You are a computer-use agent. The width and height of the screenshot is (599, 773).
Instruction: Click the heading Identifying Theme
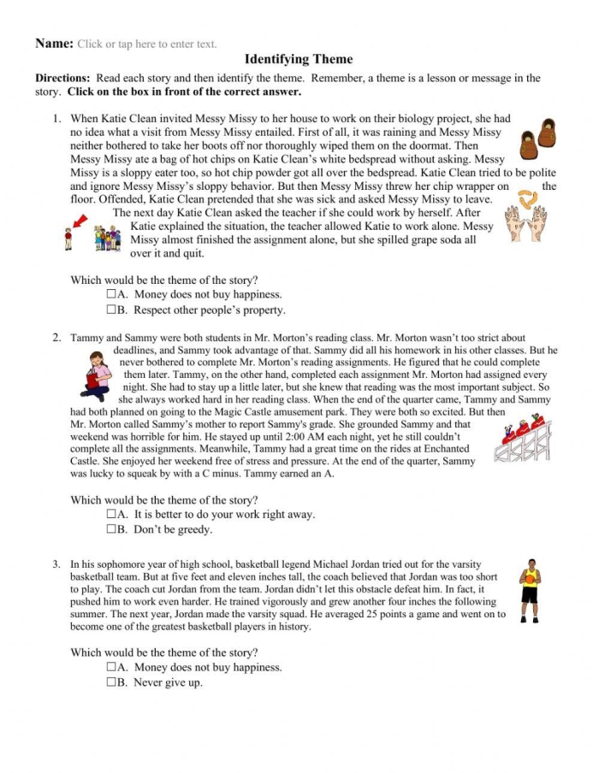(x=299, y=59)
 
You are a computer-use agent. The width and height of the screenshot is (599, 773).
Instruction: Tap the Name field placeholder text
(x=146, y=44)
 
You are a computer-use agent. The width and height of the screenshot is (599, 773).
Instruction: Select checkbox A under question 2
(x=112, y=515)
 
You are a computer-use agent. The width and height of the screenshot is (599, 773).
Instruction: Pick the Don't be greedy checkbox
(x=112, y=530)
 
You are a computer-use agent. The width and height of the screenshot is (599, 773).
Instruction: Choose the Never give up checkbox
(x=112, y=683)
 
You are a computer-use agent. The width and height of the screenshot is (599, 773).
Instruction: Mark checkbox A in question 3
(x=112, y=668)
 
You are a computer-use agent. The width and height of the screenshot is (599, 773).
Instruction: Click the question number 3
(x=56, y=564)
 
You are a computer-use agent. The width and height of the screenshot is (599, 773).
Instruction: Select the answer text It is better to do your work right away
(x=224, y=515)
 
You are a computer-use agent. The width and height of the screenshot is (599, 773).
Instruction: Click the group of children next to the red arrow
(x=107, y=238)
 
